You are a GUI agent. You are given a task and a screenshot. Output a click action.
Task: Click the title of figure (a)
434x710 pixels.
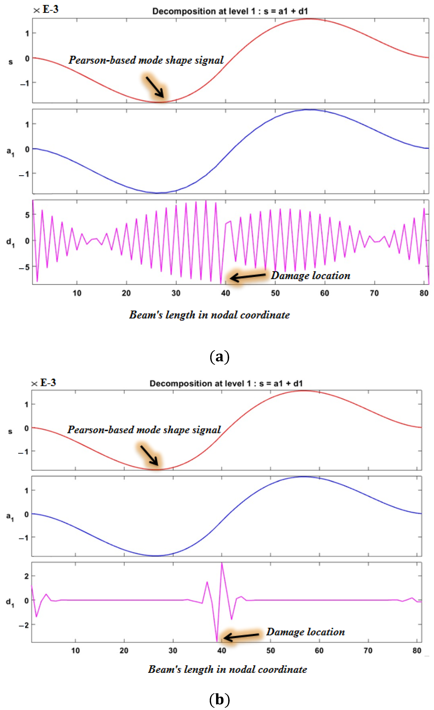[x=230, y=11]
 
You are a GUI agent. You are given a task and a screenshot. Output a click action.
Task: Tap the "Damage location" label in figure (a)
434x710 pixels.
[x=310, y=276]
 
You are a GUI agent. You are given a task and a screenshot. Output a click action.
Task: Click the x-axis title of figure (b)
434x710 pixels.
[x=227, y=669]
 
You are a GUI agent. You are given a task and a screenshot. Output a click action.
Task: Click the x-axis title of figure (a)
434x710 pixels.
[x=209, y=315]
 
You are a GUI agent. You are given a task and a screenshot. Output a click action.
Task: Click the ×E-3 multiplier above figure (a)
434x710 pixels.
[x=46, y=9]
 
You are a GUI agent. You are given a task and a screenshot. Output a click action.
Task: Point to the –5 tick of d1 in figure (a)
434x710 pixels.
[x=24, y=267]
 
